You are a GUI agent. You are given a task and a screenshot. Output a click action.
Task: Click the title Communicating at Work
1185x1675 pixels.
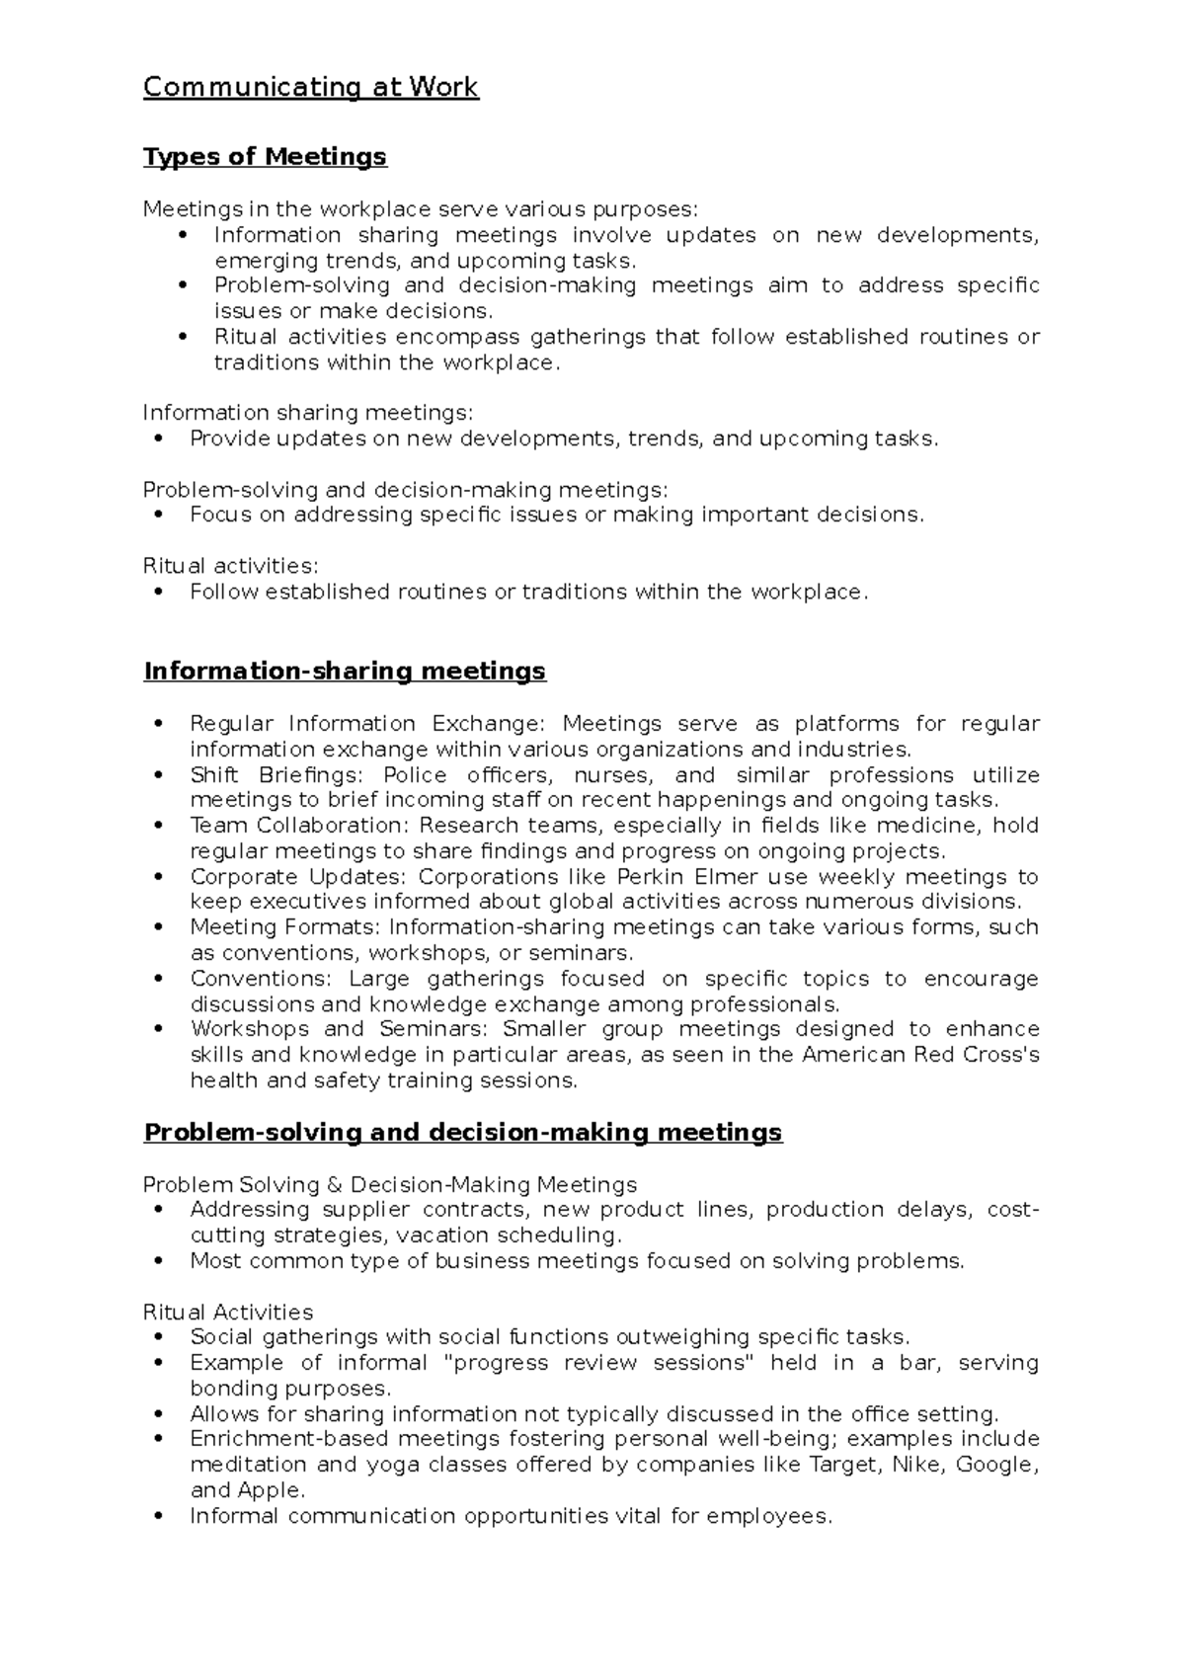[310, 87]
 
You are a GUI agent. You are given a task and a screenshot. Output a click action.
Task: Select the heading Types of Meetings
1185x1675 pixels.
[265, 156]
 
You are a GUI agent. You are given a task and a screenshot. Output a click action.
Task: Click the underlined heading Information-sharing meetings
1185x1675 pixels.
[345, 671]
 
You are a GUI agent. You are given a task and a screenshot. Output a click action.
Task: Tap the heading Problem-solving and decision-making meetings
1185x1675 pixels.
[462, 1132]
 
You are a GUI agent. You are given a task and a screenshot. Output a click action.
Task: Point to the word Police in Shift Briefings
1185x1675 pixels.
[412, 774]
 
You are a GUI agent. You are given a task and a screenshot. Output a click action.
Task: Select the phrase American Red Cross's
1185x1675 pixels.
[920, 1054]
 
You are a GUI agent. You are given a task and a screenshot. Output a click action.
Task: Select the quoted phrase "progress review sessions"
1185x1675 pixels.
[599, 1362]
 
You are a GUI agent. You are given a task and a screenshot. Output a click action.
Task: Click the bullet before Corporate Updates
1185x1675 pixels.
[159, 877]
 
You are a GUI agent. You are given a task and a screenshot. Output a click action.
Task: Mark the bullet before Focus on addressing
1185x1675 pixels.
[159, 515]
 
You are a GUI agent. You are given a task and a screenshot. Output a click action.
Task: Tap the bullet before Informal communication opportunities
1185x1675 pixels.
[159, 1516]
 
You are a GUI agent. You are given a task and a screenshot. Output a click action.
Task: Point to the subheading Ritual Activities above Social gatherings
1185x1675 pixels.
[228, 1312]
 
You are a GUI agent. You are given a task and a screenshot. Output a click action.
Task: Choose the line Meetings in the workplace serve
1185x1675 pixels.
[420, 208]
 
